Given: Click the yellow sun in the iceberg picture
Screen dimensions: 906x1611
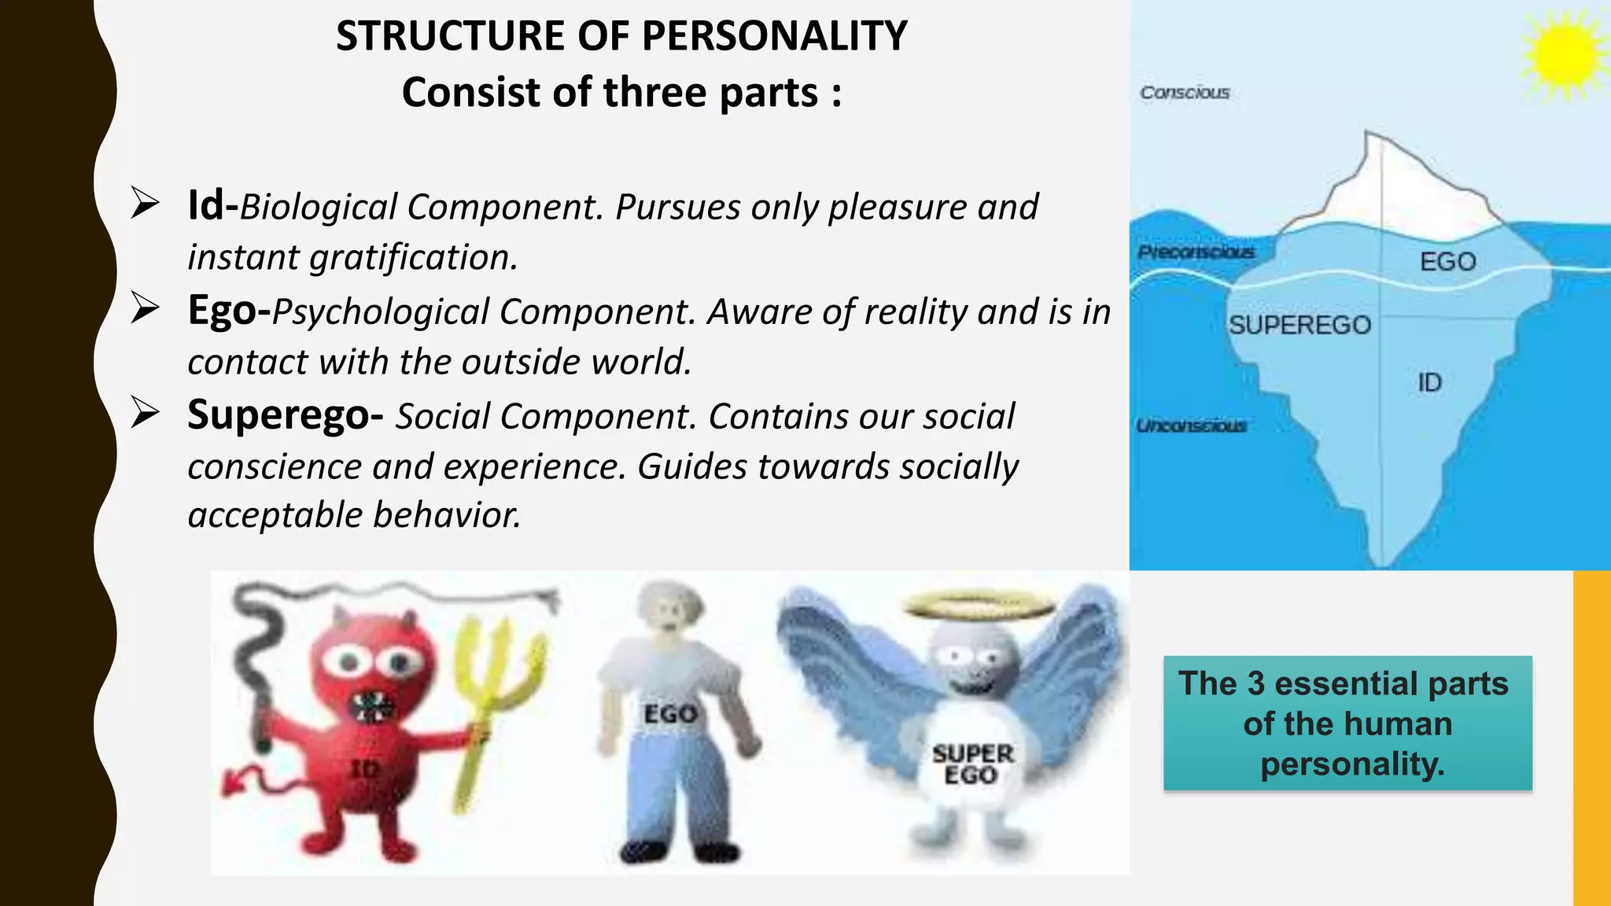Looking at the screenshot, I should click(x=1564, y=53).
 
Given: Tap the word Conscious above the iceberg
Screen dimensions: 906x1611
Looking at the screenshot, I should click(x=1185, y=93).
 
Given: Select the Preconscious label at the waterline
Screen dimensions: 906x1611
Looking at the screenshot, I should click(x=1196, y=252).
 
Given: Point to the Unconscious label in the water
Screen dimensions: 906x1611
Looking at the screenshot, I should click(x=1191, y=425).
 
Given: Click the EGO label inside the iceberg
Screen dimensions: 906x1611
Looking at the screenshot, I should click(x=1447, y=261).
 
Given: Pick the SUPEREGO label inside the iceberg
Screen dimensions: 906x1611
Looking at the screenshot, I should click(x=1299, y=325).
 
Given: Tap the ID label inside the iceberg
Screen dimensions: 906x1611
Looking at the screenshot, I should click(x=1429, y=383).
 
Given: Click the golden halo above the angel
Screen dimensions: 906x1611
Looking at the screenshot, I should click(x=979, y=605).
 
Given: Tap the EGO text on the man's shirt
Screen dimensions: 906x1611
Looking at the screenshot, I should click(x=670, y=714).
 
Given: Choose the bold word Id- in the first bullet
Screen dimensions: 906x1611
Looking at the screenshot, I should click(x=212, y=206).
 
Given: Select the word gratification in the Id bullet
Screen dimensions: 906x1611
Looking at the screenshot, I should click(x=412, y=257).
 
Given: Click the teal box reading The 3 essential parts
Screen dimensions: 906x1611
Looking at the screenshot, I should click(x=1347, y=723).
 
